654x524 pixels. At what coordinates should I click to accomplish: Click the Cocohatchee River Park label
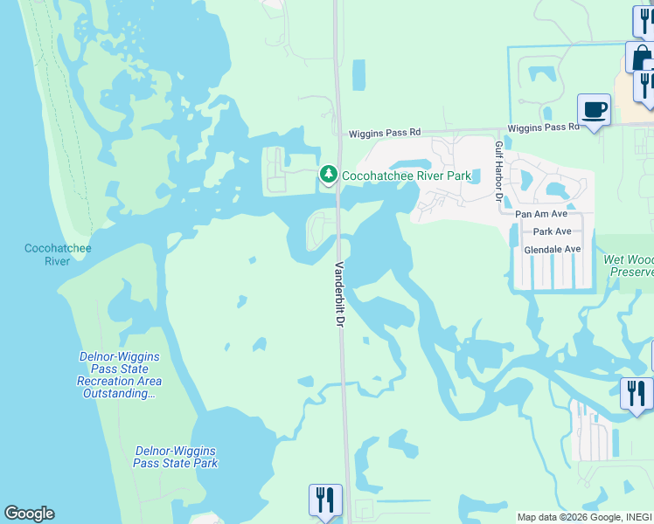coord(406,176)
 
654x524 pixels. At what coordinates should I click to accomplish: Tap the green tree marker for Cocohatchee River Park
coord(329,175)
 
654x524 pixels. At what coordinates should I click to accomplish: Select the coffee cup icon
coord(594,110)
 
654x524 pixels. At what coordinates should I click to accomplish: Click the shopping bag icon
coord(641,58)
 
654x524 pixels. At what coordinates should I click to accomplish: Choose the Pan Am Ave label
coord(541,214)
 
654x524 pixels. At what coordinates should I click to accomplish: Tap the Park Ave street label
coord(552,231)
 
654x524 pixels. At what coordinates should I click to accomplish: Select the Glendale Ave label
coord(552,250)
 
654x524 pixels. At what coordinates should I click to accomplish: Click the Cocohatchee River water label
coord(58,255)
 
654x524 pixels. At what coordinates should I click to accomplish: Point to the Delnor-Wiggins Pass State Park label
coord(176,457)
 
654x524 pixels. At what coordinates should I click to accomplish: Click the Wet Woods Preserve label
coord(629,265)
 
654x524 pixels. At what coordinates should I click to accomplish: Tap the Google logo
coord(29,514)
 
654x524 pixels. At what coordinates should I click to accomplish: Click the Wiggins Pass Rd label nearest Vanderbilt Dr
coord(384,133)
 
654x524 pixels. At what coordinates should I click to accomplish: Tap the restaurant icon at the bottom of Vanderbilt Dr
coord(325,500)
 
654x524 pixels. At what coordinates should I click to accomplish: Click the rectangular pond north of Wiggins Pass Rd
coord(359,75)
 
